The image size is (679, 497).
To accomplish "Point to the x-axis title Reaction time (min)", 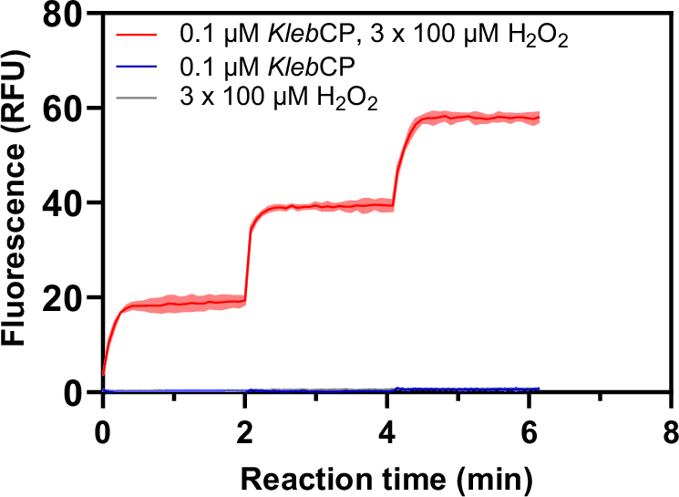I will point(386,475).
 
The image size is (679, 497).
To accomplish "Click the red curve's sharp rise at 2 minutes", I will point(248,264).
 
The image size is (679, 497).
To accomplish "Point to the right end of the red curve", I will point(540,119).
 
